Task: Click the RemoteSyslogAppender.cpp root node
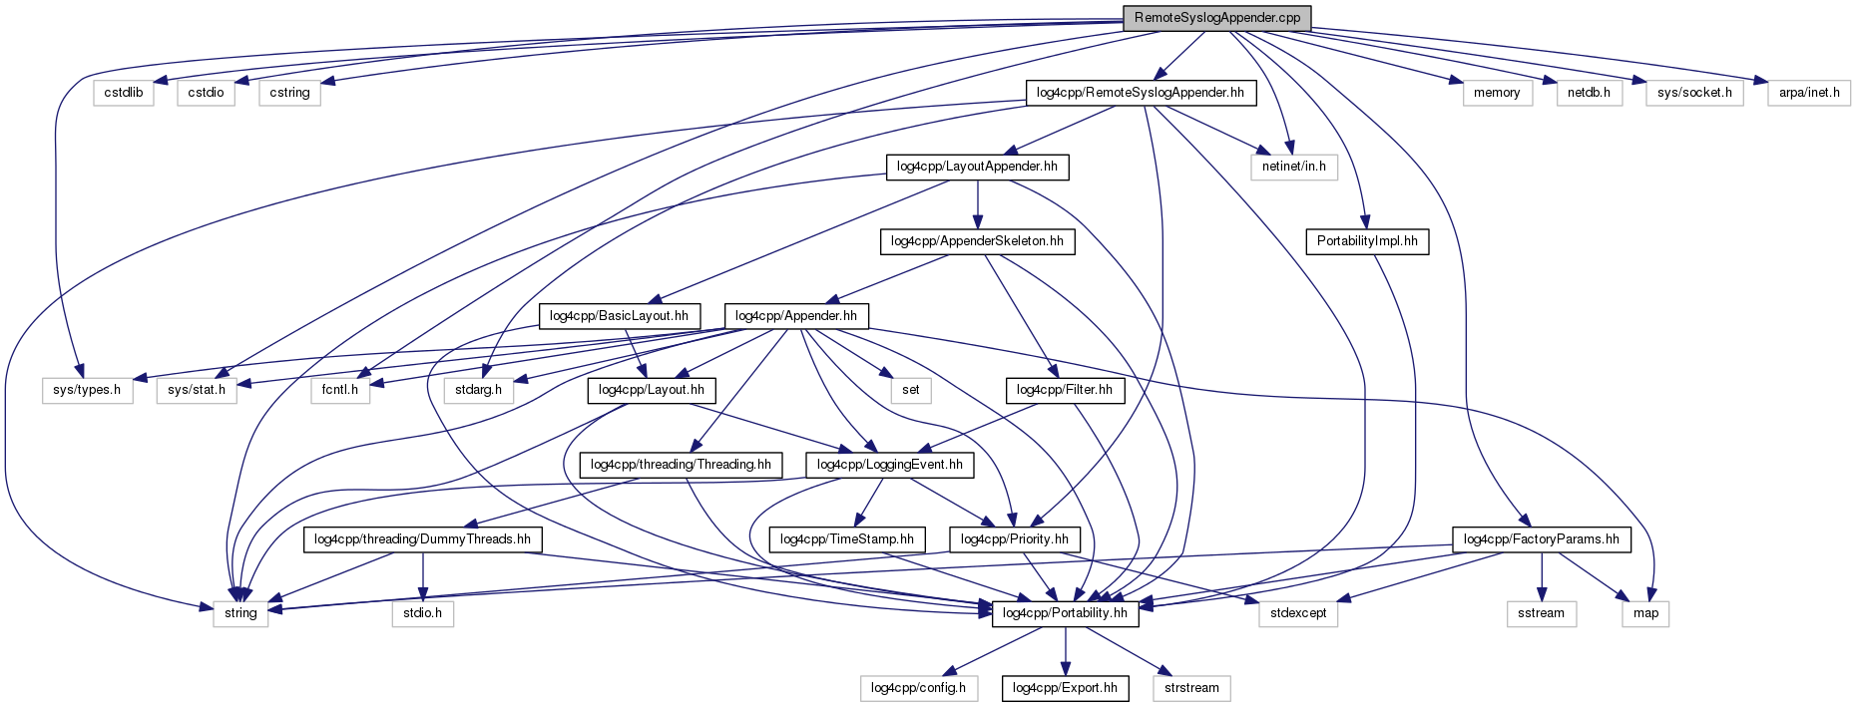(x=1216, y=18)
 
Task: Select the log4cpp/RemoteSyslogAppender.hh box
(x=1140, y=93)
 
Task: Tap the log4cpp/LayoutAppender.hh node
(x=977, y=167)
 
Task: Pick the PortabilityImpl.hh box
(x=1366, y=241)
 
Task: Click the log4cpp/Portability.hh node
(x=1065, y=613)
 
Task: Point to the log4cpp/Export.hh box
(x=1065, y=688)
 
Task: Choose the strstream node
(x=1191, y=688)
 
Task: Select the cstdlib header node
(x=124, y=93)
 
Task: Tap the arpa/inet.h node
(x=1808, y=93)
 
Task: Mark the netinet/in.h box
(x=1293, y=167)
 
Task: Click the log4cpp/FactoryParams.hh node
(x=1541, y=539)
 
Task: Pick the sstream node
(x=1541, y=613)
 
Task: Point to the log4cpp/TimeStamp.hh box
(x=846, y=539)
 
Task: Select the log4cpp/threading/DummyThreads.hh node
(x=422, y=539)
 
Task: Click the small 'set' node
(x=910, y=390)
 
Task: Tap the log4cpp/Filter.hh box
(x=1064, y=390)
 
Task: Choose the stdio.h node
(x=422, y=613)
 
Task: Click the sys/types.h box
(x=87, y=390)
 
